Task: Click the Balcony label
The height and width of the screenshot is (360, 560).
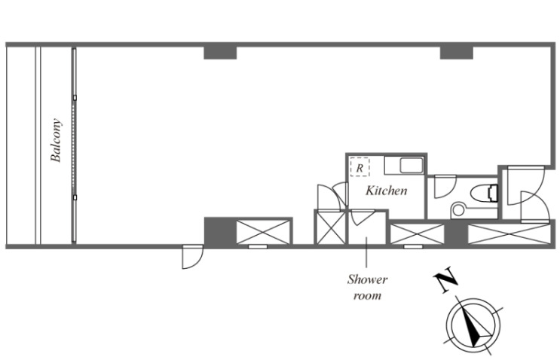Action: pyautogui.click(x=56, y=140)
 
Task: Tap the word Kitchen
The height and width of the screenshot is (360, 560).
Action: pyautogui.click(x=386, y=191)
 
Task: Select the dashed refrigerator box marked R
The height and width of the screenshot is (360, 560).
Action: pyautogui.click(x=360, y=167)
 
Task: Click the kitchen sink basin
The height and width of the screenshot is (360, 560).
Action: pyautogui.click(x=412, y=166)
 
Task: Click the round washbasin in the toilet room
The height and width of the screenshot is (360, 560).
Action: pyautogui.click(x=457, y=210)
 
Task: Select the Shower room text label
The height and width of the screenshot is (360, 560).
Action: pyautogui.click(x=368, y=287)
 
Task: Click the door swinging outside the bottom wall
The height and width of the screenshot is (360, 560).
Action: pyautogui.click(x=192, y=257)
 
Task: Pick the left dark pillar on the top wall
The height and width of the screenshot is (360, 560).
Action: pyautogui.click(x=220, y=53)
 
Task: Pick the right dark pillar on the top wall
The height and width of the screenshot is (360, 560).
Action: pyautogui.click(x=457, y=53)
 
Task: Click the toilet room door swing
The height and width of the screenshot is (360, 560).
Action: pyautogui.click(x=445, y=187)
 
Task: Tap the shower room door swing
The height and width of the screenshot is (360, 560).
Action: pyautogui.click(x=362, y=218)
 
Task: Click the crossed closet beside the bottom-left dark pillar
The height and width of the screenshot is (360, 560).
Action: pyautogui.click(x=263, y=232)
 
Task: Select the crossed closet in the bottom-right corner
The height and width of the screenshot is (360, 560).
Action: pyautogui.click(x=509, y=234)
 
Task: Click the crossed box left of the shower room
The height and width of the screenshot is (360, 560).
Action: pyautogui.click(x=331, y=228)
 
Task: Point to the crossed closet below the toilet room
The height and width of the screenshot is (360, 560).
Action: pyautogui.click(x=417, y=234)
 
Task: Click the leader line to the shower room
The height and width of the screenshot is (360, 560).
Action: pyautogui.click(x=366, y=252)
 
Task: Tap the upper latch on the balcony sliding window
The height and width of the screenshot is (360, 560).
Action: pyautogui.click(x=75, y=97)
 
